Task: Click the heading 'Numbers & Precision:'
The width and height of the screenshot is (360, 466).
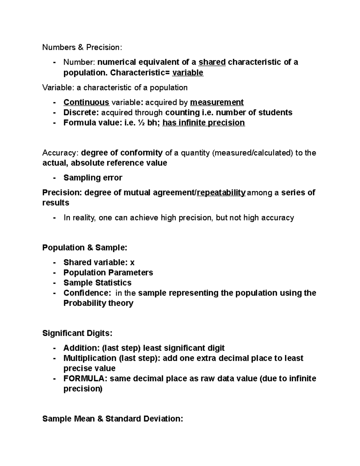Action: pos(82,47)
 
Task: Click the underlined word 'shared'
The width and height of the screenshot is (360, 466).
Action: pos(212,62)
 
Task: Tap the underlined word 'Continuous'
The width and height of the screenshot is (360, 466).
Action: pos(86,102)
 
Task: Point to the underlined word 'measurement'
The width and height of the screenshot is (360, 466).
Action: pos(217,102)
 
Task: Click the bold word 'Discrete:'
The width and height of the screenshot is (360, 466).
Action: pos(81,113)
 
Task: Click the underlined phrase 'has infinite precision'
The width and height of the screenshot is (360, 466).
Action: pos(203,123)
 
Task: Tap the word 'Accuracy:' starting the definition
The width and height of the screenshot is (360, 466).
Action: pos(60,153)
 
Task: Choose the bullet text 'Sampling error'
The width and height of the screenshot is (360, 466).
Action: pos(93,178)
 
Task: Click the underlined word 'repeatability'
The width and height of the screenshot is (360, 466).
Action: pos(221,192)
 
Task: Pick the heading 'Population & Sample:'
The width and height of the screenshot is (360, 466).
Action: pos(85,248)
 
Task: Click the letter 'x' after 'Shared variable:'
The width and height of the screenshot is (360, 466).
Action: pos(132,263)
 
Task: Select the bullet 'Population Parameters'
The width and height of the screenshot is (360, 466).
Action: pos(108,272)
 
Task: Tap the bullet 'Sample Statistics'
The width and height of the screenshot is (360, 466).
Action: pos(97,283)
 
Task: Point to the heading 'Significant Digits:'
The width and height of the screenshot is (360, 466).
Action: pos(77,333)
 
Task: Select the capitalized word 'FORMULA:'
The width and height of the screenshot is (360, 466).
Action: pos(85,378)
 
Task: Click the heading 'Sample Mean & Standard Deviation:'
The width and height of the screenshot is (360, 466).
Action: pos(112,419)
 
